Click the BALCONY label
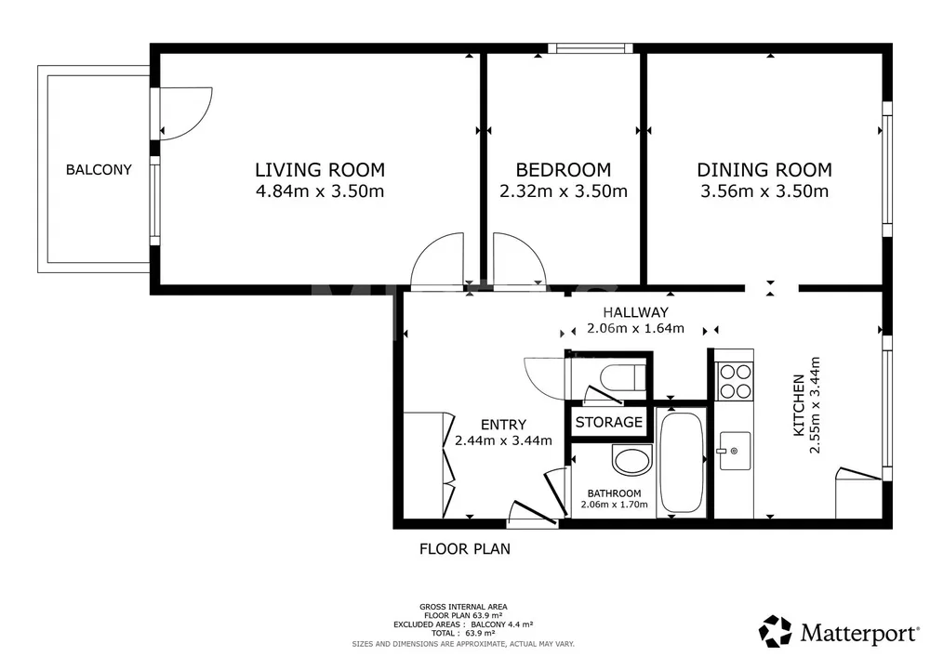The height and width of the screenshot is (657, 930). (99, 170)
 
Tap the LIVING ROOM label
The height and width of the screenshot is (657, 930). (320, 170)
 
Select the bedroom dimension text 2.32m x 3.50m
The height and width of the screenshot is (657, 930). (564, 191)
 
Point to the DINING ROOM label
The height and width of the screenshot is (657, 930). (764, 170)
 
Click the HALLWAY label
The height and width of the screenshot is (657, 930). (636, 312)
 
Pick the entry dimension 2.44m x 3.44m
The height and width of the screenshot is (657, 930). (503, 440)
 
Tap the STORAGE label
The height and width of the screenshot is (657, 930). (609, 422)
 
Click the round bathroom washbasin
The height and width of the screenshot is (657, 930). (631, 460)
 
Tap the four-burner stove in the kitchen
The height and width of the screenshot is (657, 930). (735, 382)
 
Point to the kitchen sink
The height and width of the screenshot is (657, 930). (735, 451)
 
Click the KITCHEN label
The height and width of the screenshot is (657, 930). (799, 405)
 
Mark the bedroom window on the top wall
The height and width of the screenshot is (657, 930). (591, 48)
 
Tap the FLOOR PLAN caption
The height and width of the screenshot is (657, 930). (465, 549)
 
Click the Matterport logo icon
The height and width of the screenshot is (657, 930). (776, 631)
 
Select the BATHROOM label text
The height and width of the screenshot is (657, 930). (615, 493)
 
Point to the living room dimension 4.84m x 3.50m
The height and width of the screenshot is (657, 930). (320, 191)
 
